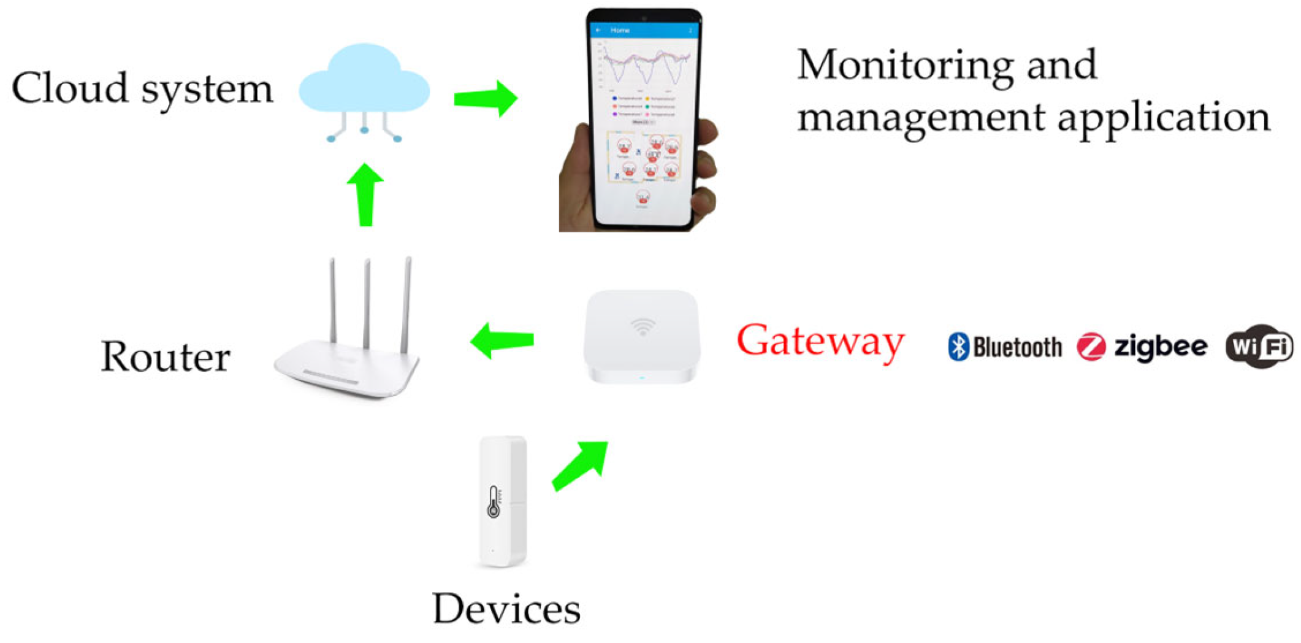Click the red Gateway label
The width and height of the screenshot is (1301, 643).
(x=820, y=342)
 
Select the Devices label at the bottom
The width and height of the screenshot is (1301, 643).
(x=506, y=609)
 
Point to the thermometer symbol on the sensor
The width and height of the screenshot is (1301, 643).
(x=494, y=502)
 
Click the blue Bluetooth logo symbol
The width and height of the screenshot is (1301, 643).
(x=958, y=347)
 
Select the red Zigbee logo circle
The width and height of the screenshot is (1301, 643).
(x=1091, y=347)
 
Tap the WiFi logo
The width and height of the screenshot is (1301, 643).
(x=1259, y=347)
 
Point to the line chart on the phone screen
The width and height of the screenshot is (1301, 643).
(x=645, y=66)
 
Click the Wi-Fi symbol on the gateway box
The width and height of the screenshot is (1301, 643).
(x=642, y=327)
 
